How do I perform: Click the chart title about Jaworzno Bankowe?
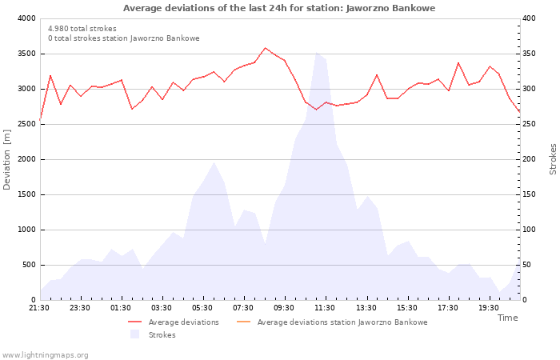[279, 8]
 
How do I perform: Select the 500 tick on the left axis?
[28, 265]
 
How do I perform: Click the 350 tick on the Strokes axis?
[530, 54]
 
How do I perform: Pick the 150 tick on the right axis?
[530, 194]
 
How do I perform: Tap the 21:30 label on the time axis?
[40, 307]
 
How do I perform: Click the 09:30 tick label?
[285, 307]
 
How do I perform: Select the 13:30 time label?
[366, 307]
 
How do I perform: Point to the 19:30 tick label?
[489, 307]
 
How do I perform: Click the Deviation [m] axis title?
[8, 159]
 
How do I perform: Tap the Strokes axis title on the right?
[553, 159]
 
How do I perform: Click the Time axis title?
[507, 318]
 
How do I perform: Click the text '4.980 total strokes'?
[82, 29]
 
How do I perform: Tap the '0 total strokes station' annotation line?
[123, 38]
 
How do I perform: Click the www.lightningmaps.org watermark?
[45, 354]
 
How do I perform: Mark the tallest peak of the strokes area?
[316, 54]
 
